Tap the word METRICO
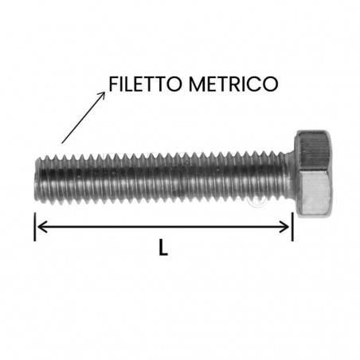point(238,82)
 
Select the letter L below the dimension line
point(162,248)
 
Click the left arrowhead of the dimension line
point(40,226)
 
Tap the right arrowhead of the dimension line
point(288,226)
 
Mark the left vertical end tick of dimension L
point(35,226)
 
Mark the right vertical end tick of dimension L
point(293,226)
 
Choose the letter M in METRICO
point(203,82)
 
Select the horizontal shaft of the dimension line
point(163,226)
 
